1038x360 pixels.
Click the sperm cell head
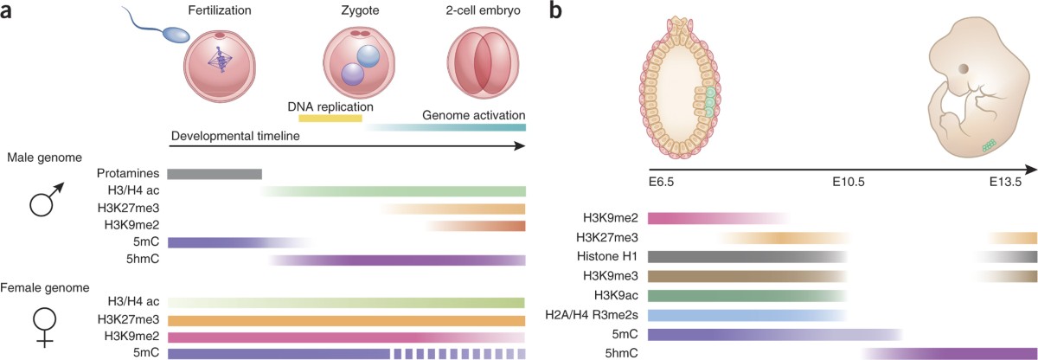[176, 35]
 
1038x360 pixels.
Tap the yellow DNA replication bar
[330, 117]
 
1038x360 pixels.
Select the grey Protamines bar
[214, 173]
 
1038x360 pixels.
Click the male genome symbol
[46, 201]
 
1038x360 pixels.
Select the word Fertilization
[221, 11]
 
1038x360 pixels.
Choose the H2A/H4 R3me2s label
[590, 314]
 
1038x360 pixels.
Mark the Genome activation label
[473, 115]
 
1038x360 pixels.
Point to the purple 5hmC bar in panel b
[951, 353]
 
